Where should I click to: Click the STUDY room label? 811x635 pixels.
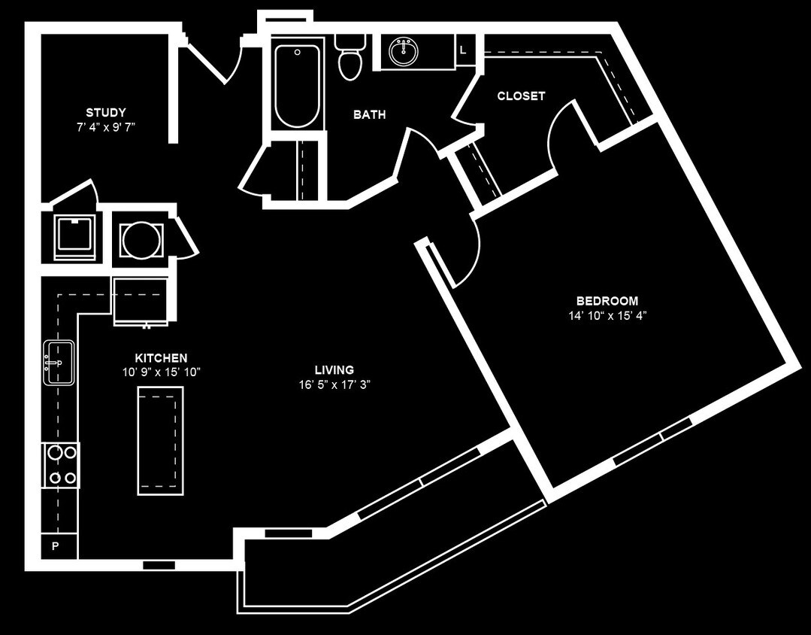pyautogui.click(x=105, y=112)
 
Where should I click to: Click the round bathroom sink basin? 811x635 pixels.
pyautogui.click(x=404, y=52)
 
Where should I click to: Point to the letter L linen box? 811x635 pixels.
pyautogui.click(x=464, y=50)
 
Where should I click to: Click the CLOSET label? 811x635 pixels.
pyautogui.click(x=521, y=96)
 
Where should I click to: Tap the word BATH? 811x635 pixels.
pyautogui.click(x=369, y=114)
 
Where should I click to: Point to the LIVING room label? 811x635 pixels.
pyautogui.click(x=334, y=370)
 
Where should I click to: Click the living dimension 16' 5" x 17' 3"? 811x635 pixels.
pyautogui.click(x=334, y=384)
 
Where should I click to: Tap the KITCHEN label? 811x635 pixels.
pyautogui.click(x=161, y=358)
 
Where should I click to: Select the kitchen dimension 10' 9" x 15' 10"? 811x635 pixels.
pyautogui.click(x=161, y=372)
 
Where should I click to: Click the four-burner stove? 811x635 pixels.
pyautogui.click(x=61, y=465)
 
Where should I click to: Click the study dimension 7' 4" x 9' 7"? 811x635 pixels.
pyautogui.click(x=105, y=127)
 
